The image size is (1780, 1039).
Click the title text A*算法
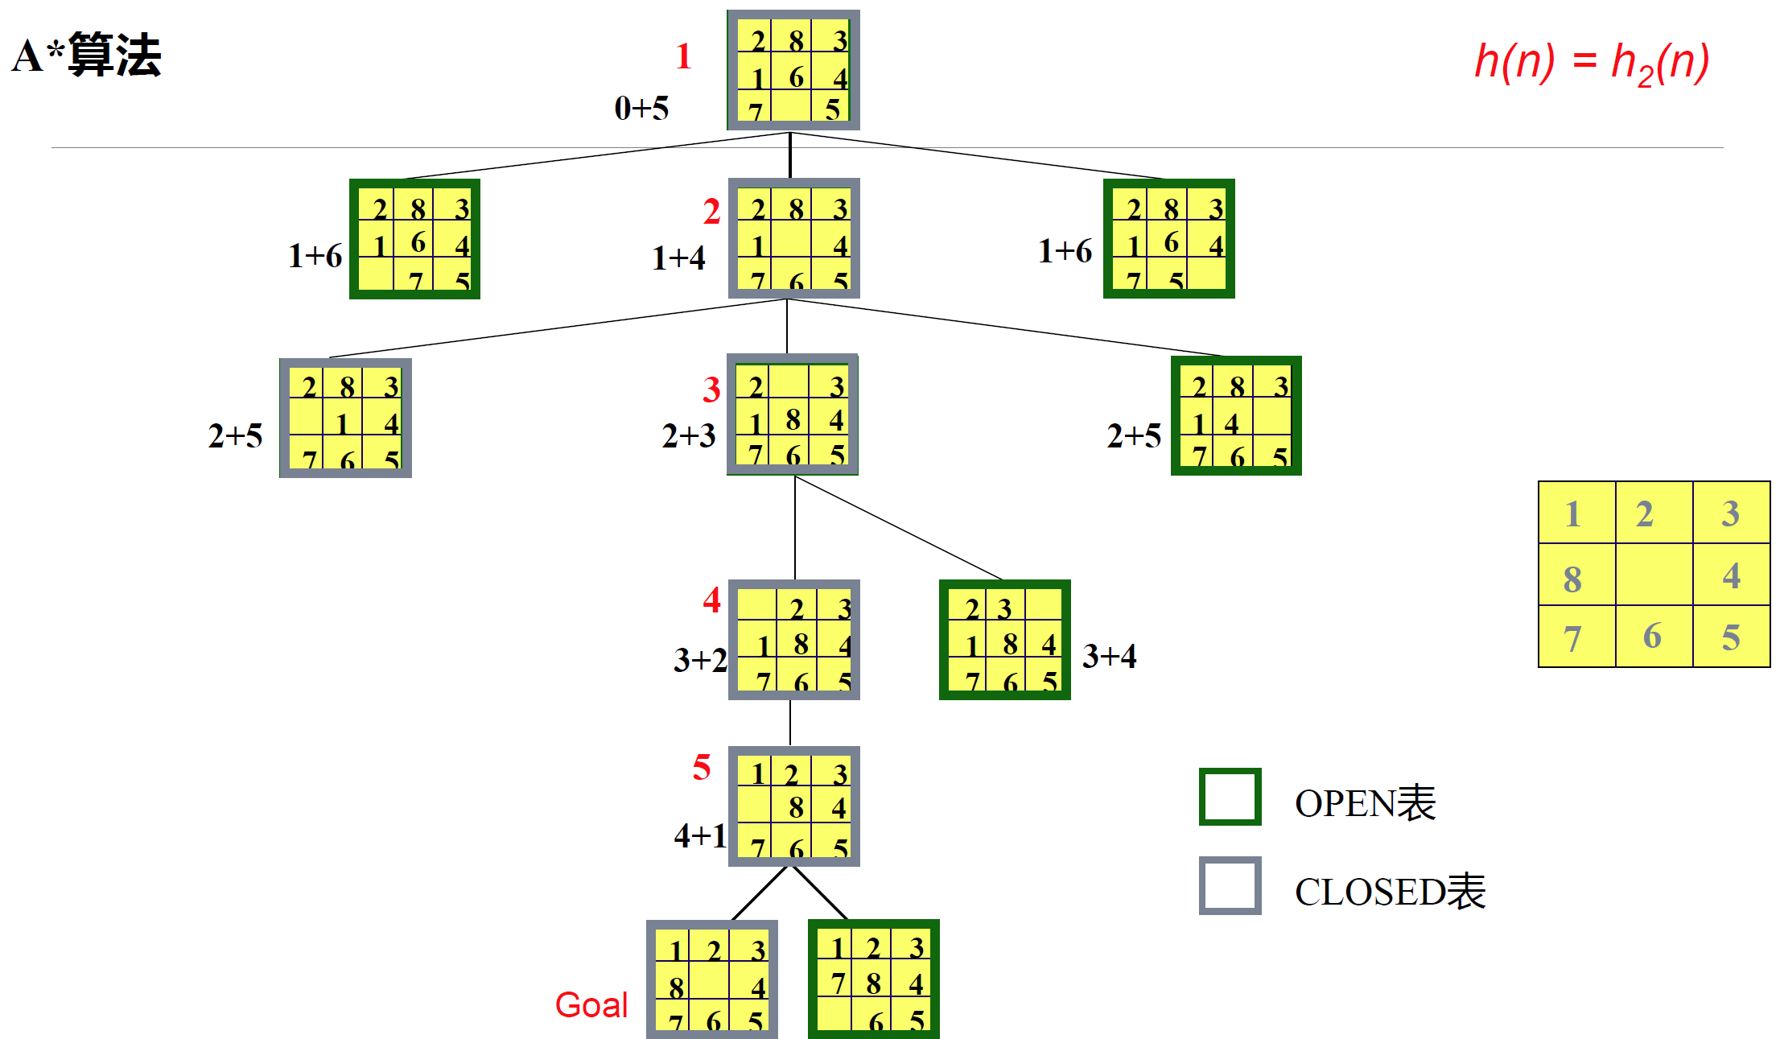(x=87, y=56)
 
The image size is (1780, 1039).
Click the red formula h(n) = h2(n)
(x=1591, y=62)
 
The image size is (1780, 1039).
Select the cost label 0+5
(x=641, y=108)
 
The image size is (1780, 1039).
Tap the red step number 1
(x=683, y=56)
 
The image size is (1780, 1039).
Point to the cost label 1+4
(x=678, y=258)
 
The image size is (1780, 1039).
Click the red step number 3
(x=711, y=390)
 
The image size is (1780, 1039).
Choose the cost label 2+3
(x=688, y=436)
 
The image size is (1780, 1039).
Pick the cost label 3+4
(x=1109, y=657)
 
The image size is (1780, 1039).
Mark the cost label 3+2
(x=700, y=661)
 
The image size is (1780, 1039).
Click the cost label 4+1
(x=700, y=836)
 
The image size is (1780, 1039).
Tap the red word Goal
(x=591, y=1005)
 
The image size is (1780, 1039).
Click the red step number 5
(x=702, y=768)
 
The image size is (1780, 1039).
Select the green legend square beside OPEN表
(x=1230, y=797)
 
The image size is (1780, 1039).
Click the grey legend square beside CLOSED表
(x=1230, y=885)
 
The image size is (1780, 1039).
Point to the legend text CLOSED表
(x=1390, y=892)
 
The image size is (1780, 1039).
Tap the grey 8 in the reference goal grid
(x=1572, y=579)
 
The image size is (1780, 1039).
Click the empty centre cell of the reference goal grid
(x=1654, y=575)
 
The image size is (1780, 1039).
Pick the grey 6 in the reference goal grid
(x=1652, y=637)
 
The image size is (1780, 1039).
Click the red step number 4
(x=711, y=600)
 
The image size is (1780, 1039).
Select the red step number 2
(x=711, y=212)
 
